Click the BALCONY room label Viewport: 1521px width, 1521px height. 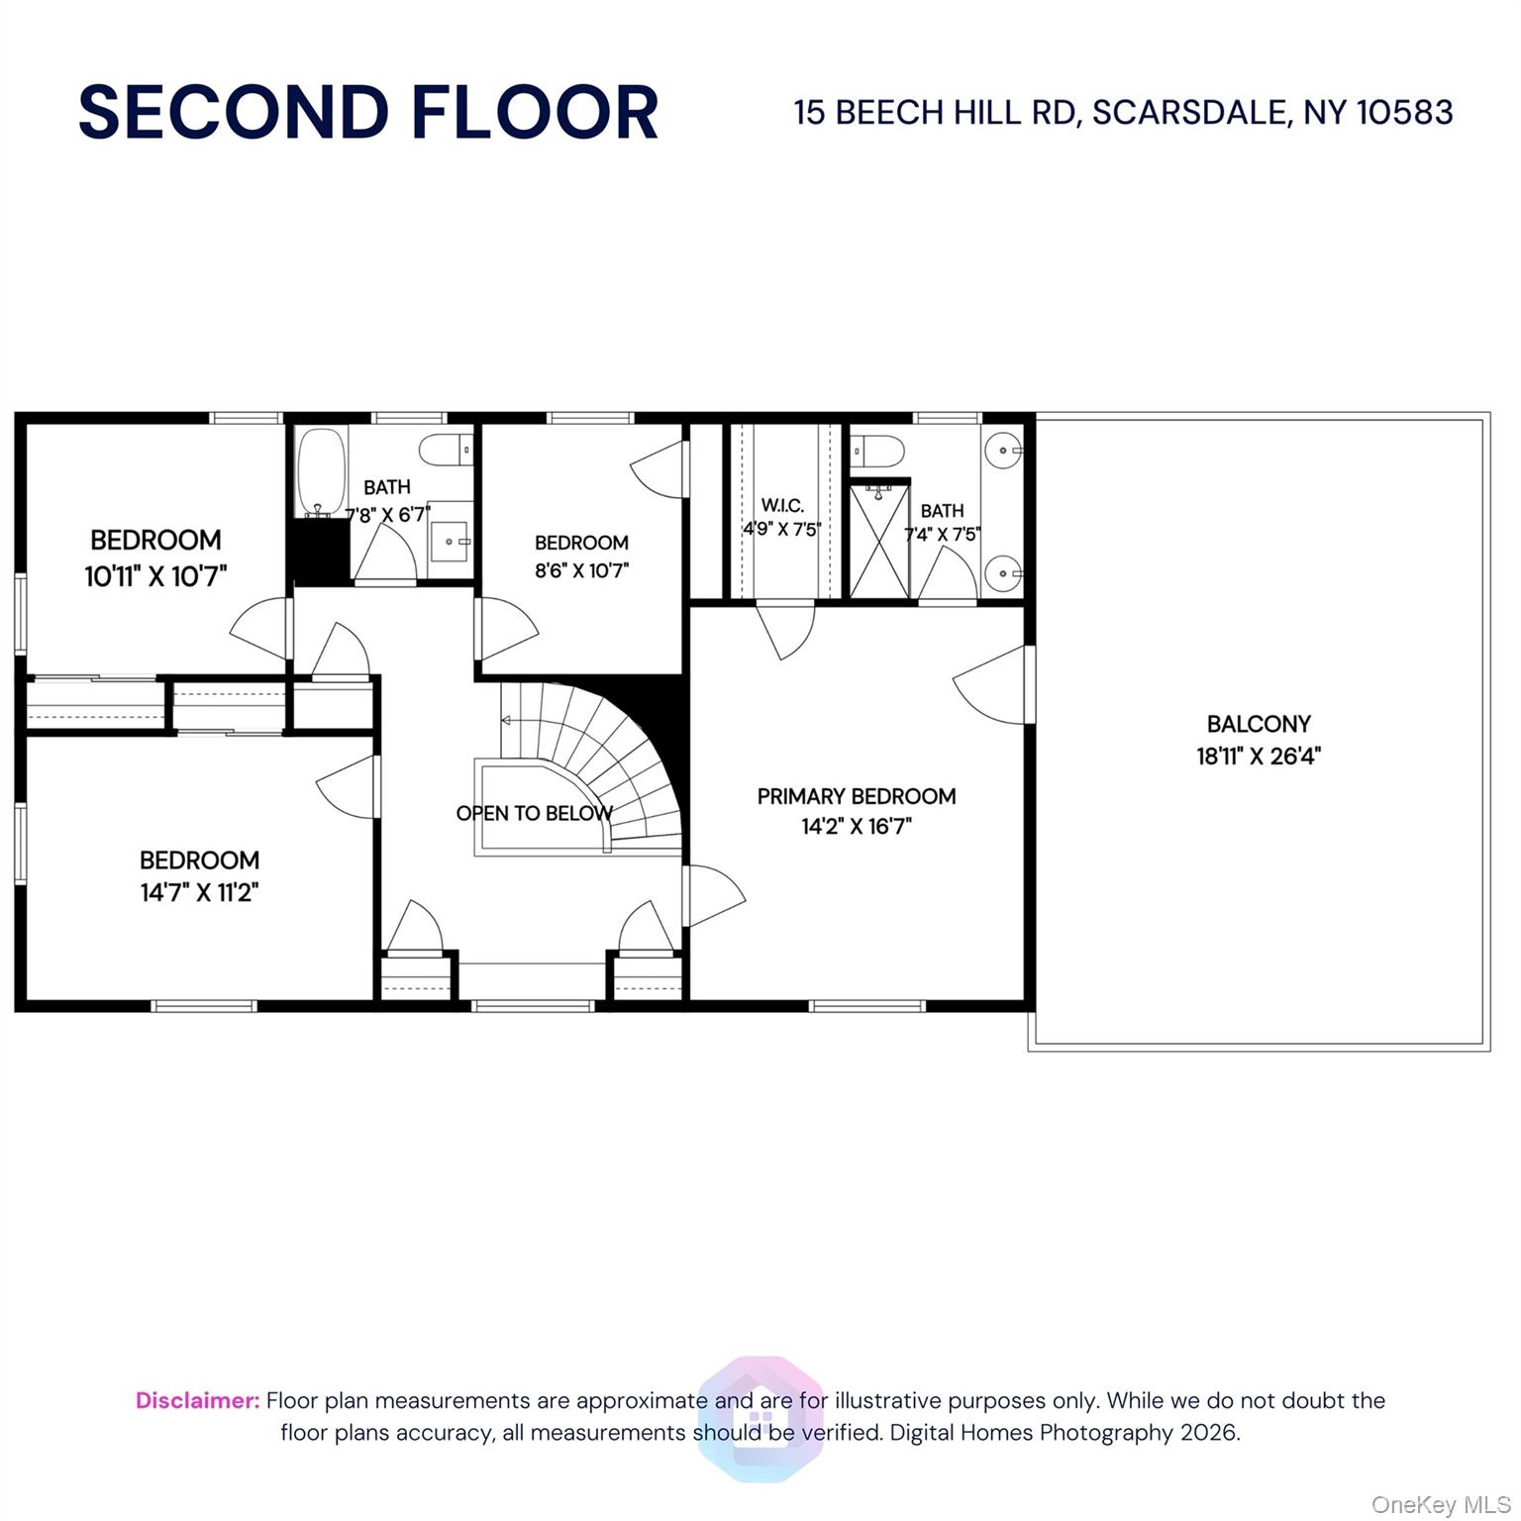1258,724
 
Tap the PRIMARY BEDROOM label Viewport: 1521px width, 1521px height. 857,796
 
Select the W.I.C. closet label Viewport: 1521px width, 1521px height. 782,506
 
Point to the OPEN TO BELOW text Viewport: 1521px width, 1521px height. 534,813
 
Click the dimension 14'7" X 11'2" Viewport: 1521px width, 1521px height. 199,892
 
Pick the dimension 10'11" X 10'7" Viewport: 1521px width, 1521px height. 156,576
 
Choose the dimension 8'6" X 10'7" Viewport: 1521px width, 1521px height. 581,570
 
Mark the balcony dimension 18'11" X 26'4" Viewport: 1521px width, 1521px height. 1258,757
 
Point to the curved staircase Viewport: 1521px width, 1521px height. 614,753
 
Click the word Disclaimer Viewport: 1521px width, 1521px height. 197,1400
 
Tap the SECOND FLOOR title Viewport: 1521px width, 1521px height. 368,112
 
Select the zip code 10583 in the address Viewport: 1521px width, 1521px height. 1404,113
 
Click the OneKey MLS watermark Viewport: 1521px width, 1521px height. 1440,1505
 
